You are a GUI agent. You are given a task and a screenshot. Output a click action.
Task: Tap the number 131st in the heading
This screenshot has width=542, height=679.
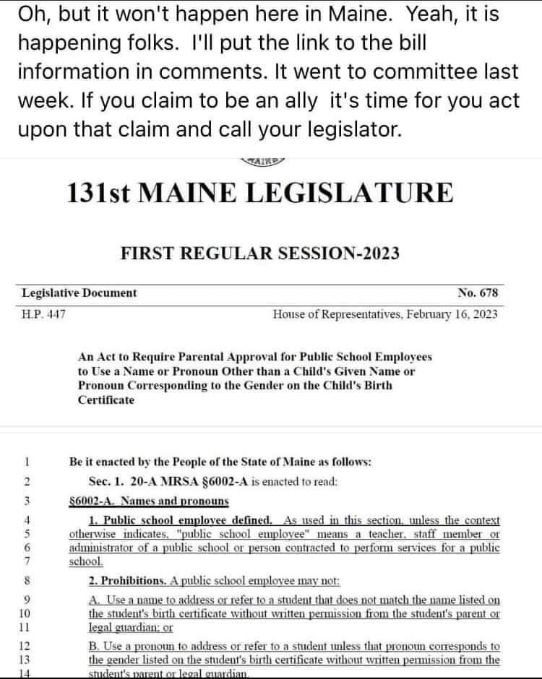(x=98, y=194)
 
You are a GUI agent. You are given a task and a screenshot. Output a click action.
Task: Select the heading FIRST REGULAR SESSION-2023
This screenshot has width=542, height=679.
(x=260, y=254)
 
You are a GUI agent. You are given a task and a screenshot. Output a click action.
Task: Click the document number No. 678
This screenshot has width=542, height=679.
(x=478, y=293)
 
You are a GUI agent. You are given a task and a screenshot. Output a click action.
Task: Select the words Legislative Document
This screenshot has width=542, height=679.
(x=79, y=293)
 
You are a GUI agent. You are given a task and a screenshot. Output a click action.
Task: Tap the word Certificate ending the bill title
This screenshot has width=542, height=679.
(x=106, y=400)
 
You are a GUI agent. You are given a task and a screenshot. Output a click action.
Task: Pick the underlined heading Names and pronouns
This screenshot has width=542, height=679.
(x=174, y=501)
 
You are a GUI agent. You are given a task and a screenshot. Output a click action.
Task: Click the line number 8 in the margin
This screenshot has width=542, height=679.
(x=27, y=580)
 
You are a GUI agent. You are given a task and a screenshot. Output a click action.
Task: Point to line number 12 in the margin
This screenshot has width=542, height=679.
(x=27, y=646)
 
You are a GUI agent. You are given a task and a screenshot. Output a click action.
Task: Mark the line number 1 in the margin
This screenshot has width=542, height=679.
(x=27, y=461)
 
